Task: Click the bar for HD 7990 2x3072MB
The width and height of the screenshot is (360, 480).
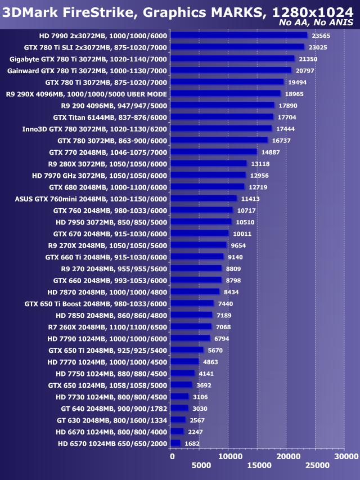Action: [238, 35]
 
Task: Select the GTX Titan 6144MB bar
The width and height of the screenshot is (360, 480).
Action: [222, 116]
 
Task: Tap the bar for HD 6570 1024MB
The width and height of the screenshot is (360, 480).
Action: [175, 443]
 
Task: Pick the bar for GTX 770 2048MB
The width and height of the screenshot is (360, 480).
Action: [213, 151]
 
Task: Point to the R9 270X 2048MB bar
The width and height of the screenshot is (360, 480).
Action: [199, 245]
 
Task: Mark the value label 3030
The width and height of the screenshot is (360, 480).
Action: [200, 408]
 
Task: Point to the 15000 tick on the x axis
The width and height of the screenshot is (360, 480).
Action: [258, 465]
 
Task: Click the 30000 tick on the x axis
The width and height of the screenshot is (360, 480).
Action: [344, 456]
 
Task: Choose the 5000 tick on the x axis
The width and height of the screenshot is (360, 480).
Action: [200, 465]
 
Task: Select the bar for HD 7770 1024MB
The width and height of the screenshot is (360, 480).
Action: [184, 361]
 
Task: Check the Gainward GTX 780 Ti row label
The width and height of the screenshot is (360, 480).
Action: [87, 70]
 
